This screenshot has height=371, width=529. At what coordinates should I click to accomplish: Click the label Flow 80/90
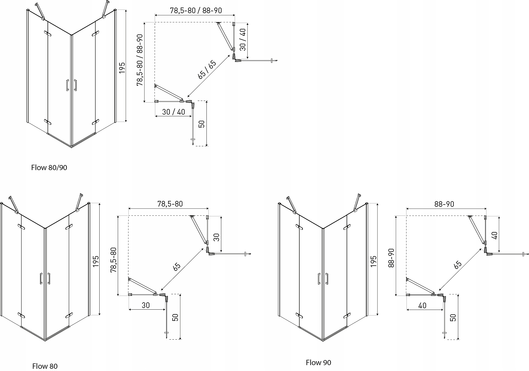pos(49,168)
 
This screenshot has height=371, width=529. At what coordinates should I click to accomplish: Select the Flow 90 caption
pos(318,355)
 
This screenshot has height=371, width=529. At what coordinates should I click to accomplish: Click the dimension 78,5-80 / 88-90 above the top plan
pos(196,10)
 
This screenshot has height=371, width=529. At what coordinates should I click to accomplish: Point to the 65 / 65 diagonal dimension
pos(207,69)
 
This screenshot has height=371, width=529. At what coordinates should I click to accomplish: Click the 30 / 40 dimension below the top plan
pos(173,112)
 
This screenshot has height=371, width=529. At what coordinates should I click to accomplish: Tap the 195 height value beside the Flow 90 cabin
pos(373,261)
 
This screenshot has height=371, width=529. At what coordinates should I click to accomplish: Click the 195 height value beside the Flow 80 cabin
pos(96,261)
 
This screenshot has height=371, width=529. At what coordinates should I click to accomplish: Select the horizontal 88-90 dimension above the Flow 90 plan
pos(444,204)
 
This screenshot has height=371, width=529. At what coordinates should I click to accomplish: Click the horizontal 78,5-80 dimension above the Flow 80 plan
pos(170,204)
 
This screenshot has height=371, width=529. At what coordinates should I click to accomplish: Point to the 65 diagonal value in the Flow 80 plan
pos(177,267)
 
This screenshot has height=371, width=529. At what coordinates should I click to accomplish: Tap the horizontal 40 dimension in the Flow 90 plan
pos(422,305)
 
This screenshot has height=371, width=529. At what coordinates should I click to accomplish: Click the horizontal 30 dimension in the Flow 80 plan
pos(146,305)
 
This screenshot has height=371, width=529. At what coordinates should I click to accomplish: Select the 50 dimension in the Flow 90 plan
pos(453,317)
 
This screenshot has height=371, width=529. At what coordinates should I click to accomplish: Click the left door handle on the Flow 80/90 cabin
pos(67,85)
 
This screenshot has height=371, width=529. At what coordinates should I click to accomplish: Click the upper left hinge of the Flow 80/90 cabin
pos(48,34)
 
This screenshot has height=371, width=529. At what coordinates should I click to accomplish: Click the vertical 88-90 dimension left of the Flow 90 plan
pos(391,258)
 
